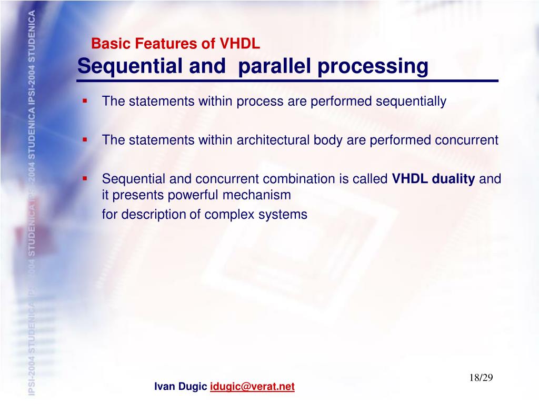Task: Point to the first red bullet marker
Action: click(84, 99)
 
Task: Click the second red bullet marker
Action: click(84, 139)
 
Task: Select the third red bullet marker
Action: click(84, 178)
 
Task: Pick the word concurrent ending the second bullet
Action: click(466, 140)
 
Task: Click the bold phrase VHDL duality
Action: click(433, 179)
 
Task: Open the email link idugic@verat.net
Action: click(252, 387)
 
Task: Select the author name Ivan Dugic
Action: click(181, 387)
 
